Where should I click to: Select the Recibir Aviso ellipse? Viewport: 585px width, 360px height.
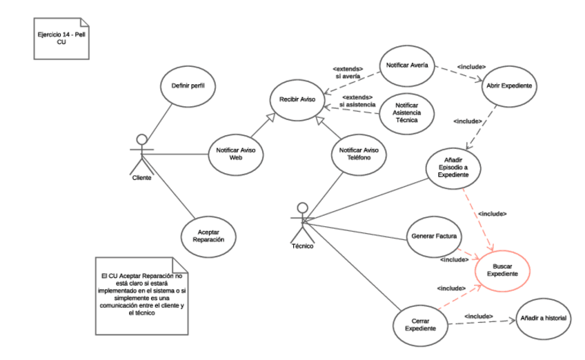[x=297, y=99]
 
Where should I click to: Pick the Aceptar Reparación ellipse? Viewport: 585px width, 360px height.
[x=209, y=236]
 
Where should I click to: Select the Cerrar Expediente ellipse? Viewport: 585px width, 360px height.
[x=421, y=324]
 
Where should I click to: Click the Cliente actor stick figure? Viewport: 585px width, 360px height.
[x=141, y=153]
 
